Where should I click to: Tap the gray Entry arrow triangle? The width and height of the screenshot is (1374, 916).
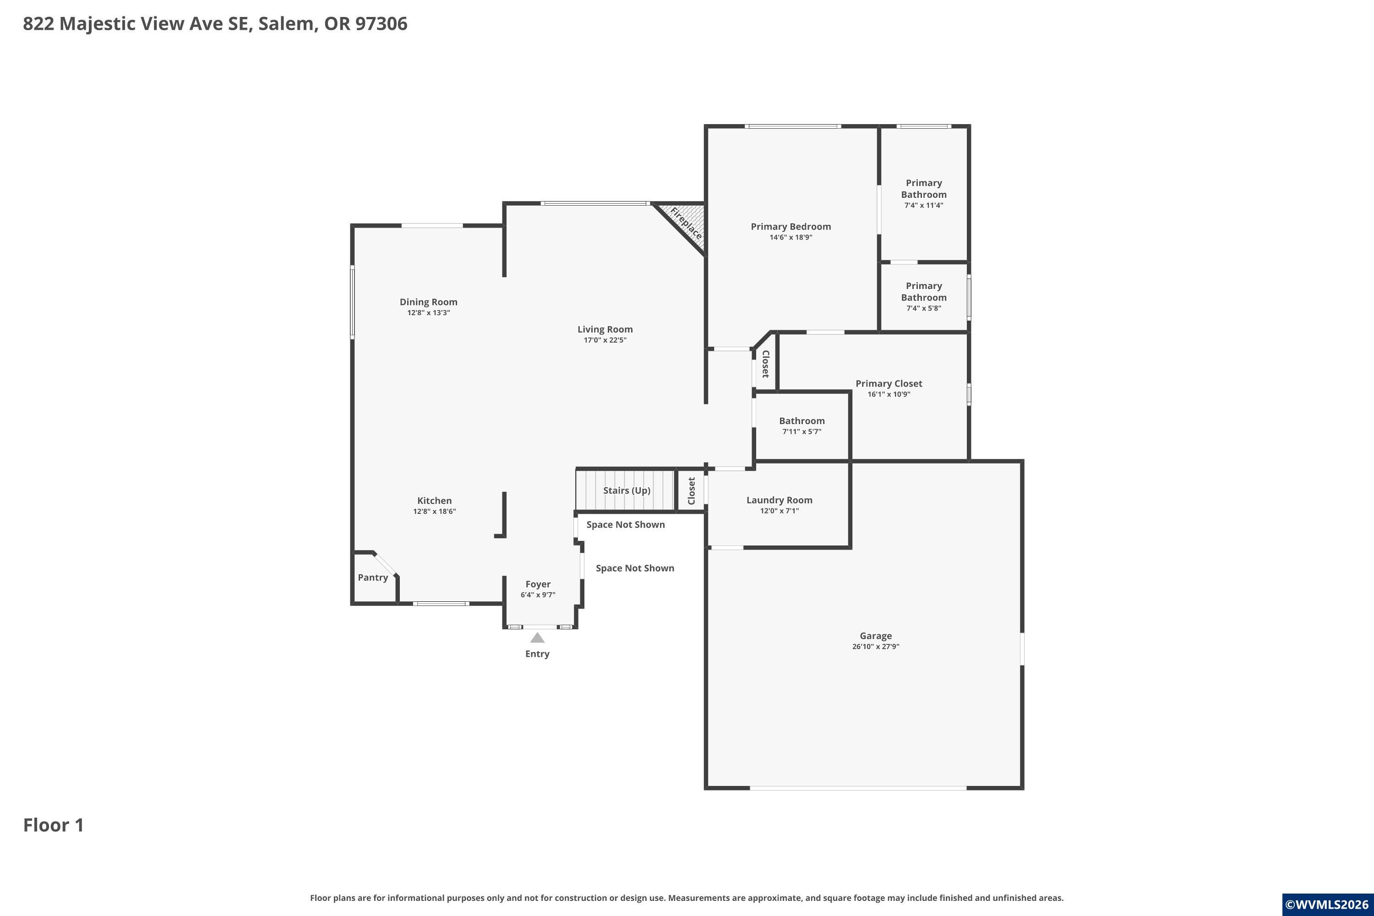coord(537,638)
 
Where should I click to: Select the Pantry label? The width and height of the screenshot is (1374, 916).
coord(373,578)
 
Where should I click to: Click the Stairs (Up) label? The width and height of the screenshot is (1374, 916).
coord(626,491)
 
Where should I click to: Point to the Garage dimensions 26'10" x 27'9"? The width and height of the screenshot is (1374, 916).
coord(875,647)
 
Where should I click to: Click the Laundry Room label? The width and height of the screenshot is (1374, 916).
coord(780,500)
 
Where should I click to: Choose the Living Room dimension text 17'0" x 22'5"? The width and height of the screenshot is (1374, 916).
coord(605,340)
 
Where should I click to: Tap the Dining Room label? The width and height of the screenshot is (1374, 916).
coord(428,302)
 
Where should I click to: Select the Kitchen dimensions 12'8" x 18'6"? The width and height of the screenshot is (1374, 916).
coord(434,511)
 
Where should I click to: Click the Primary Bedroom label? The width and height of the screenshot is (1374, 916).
coord(791,227)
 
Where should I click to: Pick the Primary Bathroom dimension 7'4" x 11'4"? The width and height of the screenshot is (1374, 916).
coord(924,205)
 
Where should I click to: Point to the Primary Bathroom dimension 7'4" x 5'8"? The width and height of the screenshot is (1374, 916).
coord(924,308)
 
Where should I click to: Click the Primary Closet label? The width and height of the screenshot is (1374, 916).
coord(889,384)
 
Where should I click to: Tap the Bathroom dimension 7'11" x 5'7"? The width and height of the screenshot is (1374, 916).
coord(801,432)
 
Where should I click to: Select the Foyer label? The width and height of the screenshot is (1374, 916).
coord(537,584)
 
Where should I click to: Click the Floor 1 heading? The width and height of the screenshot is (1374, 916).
coord(54,825)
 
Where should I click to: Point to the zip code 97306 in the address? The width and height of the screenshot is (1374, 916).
coord(381,24)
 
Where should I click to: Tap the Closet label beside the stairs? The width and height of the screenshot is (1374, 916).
coord(691,491)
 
